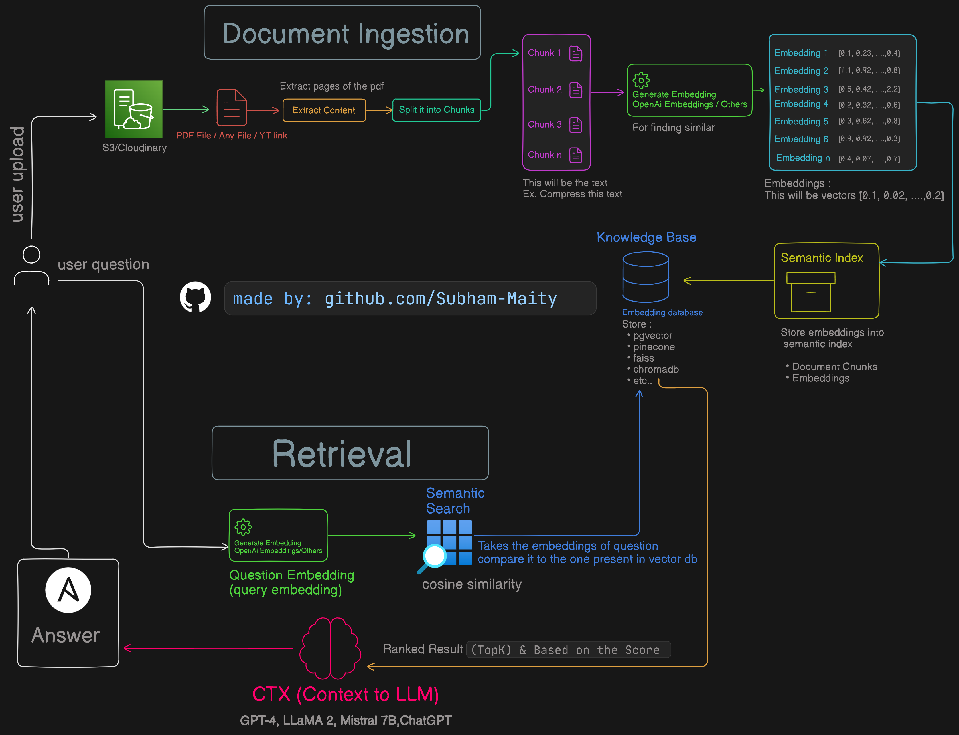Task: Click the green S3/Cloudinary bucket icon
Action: [133, 109]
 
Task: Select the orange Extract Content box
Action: [324, 110]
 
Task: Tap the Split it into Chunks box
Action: [436, 110]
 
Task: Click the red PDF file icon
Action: [231, 107]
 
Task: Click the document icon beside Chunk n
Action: [576, 155]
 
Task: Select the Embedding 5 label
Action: [801, 121]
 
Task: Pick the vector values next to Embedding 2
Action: [869, 70]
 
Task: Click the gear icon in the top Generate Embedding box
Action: [641, 80]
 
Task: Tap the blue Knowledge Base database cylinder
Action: [645, 277]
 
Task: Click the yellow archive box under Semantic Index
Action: [811, 292]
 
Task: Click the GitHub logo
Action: [195, 297]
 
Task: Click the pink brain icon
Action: [330, 648]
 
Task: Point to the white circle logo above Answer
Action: [68, 590]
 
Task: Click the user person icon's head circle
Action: [31, 255]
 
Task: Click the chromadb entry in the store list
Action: [656, 370]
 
